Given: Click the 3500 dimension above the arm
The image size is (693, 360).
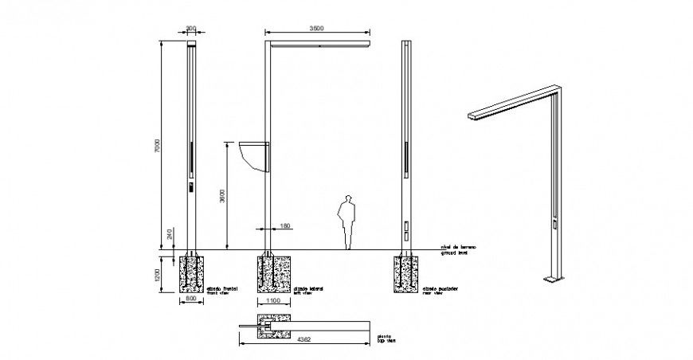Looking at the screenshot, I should [x=317, y=29].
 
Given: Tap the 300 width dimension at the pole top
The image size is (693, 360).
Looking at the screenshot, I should [x=190, y=29].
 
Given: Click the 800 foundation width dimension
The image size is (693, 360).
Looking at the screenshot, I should [x=191, y=299].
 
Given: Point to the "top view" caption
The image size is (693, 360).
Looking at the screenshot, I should [x=386, y=342].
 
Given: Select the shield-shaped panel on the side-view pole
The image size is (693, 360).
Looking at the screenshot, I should [x=253, y=156].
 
